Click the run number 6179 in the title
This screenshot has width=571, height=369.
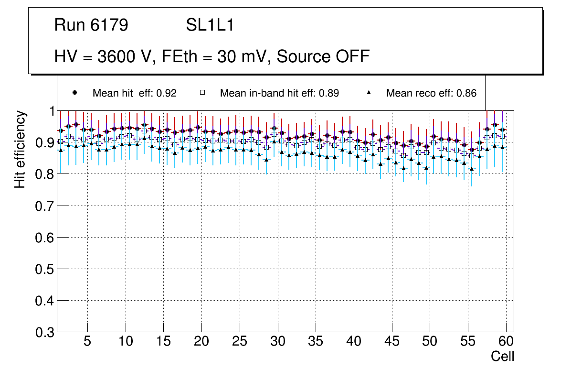(111, 25)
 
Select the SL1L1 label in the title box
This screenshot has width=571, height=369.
(210, 25)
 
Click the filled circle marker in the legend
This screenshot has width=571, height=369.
(74, 93)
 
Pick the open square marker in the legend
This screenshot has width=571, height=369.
(202, 93)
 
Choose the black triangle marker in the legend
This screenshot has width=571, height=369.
(369, 93)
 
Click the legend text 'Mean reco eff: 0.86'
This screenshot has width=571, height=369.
(431, 93)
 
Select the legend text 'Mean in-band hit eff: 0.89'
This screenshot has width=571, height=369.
(279, 93)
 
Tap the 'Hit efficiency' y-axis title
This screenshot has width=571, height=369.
(20, 149)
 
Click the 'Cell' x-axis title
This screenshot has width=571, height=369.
(503, 356)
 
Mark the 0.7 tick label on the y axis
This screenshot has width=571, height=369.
(46, 206)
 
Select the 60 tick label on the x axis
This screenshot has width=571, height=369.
(506, 342)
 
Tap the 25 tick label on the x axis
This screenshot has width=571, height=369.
(240, 342)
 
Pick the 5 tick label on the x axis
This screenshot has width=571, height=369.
(87, 342)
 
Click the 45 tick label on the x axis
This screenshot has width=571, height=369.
(392, 342)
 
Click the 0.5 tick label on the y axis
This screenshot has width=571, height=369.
(46, 270)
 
